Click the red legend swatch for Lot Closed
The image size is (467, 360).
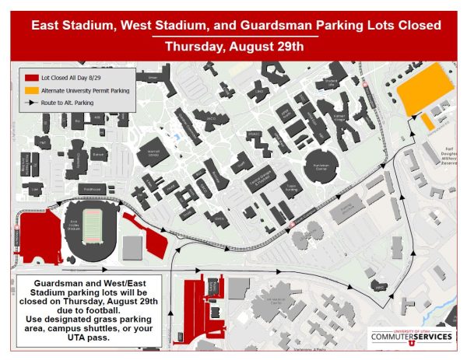pyautogui.click(x=31, y=79)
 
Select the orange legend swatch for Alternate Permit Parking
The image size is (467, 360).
pyautogui.click(x=31, y=90)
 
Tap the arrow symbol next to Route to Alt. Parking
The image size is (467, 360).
pyautogui.click(x=31, y=102)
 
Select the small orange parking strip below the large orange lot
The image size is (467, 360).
pyautogui.click(x=427, y=123)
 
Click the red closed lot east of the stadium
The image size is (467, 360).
pyautogui.click(x=148, y=237)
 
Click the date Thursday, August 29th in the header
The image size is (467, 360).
pyautogui.click(x=233, y=46)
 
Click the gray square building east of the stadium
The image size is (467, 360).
pyautogui.click(x=133, y=247)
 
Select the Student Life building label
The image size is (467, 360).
pyautogui.click(x=330, y=81)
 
